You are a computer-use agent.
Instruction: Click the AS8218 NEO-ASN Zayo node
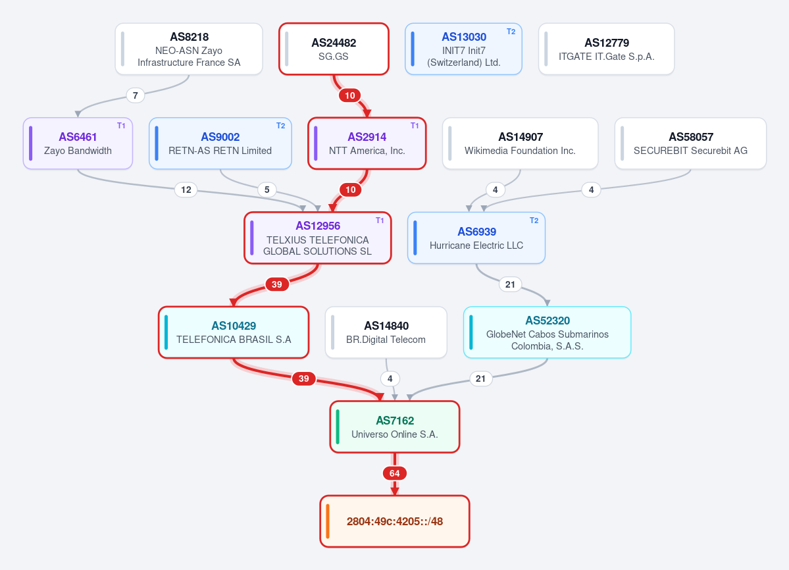click(x=189, y=49)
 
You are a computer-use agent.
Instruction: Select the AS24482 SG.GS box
click(x=334, y=49)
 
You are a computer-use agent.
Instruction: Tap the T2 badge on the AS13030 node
click(x=511, y=32)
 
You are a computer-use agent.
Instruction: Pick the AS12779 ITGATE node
click(x=606, y=49)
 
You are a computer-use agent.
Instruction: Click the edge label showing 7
click(x=135, y=95)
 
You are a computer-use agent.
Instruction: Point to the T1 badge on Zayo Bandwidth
click(x=121, y=126)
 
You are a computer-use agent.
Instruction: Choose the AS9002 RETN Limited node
click(x=220, y=143)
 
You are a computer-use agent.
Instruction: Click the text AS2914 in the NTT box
click(x=367, y=137)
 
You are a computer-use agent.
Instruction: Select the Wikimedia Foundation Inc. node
click(x=521, y=143)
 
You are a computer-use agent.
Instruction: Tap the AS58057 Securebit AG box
click(x=690, y=143)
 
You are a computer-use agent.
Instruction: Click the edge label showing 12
click(x=186, y=190)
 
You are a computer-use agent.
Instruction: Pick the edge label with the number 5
click(x=267, y=190)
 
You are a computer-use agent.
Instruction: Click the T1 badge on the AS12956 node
click(x=380, y=220)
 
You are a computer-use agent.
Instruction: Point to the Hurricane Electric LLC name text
click(x=476, y=246)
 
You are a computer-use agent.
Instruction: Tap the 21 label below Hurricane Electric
click(x=510, y=285)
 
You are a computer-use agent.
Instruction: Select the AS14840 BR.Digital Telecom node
click(x=386, y=332)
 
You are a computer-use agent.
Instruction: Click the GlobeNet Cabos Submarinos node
click(x=547, y=332)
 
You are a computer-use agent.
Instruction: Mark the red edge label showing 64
click(x=395, y=473)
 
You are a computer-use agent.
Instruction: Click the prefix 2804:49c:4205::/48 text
click(x=395, y=522)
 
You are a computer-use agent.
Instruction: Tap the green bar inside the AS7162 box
click(x=338, y=427)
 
